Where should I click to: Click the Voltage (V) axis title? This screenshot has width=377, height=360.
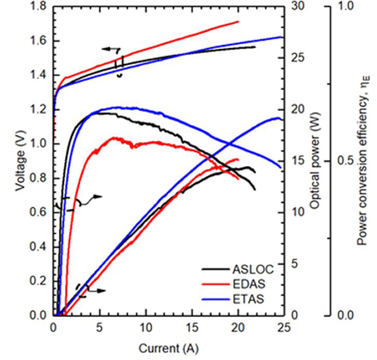[20, 160]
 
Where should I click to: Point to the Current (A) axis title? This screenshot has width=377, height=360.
[168, 349]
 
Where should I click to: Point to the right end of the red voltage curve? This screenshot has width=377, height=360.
[238, 21]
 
